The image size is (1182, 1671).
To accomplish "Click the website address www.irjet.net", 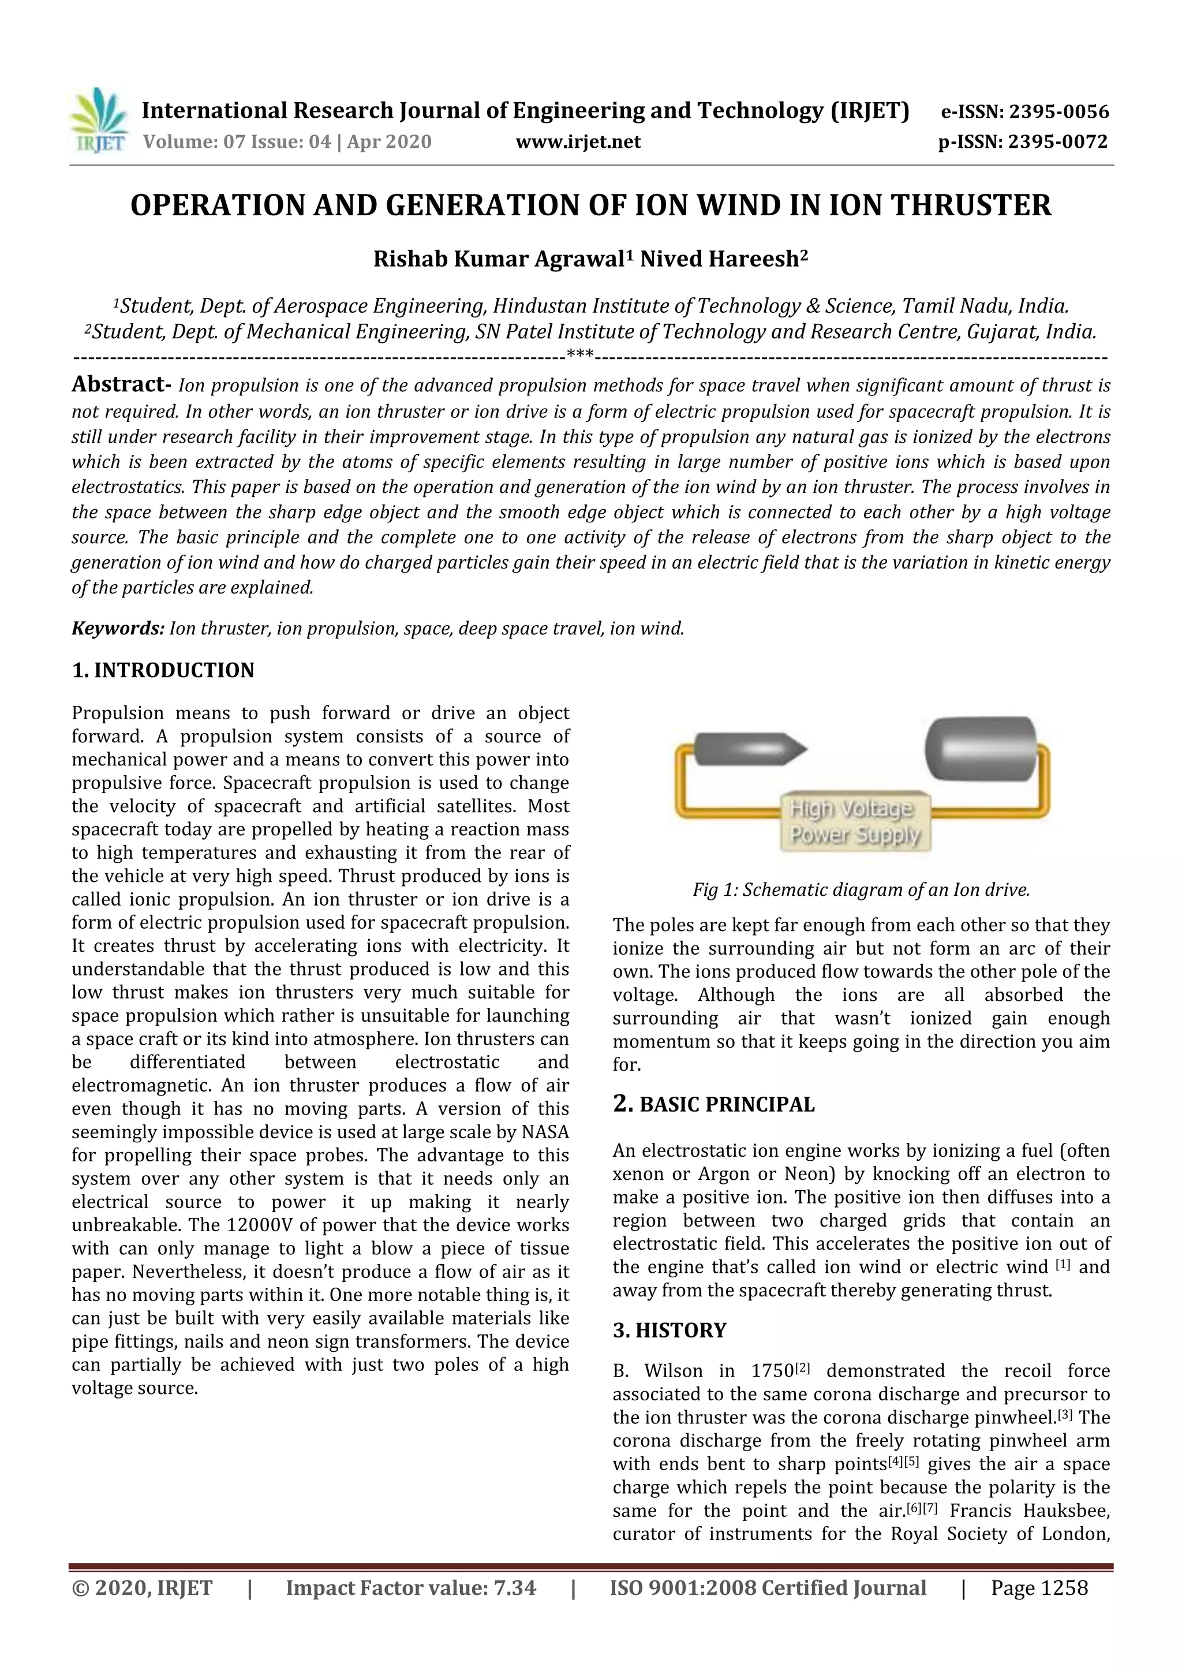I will coord(578,141).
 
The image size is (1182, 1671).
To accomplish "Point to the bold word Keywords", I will coord(118,628).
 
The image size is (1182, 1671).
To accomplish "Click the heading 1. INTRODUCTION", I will coord(163,670).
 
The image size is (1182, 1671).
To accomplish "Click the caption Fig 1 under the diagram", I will coord(861,889).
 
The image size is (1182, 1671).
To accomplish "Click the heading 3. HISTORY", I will coord(669,1330).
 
